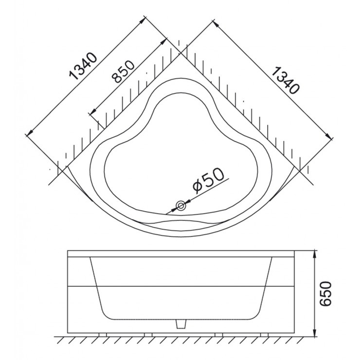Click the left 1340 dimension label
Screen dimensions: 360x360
pos(83,67)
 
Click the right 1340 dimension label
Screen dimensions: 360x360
pos(285,81)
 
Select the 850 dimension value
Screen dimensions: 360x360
pos(123,72)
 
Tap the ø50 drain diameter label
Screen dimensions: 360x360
pos(208,180)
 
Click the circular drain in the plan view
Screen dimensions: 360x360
pos(181,206)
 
